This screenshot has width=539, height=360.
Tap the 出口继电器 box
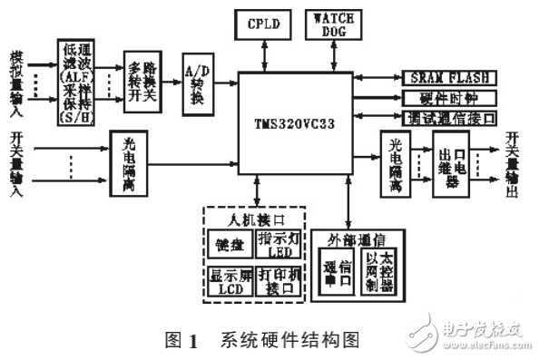(453, 168)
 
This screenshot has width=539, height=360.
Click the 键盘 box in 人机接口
(222, 244)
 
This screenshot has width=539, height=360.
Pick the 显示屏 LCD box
(222, 279)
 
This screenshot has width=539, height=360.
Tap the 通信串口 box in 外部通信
(332, 272)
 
